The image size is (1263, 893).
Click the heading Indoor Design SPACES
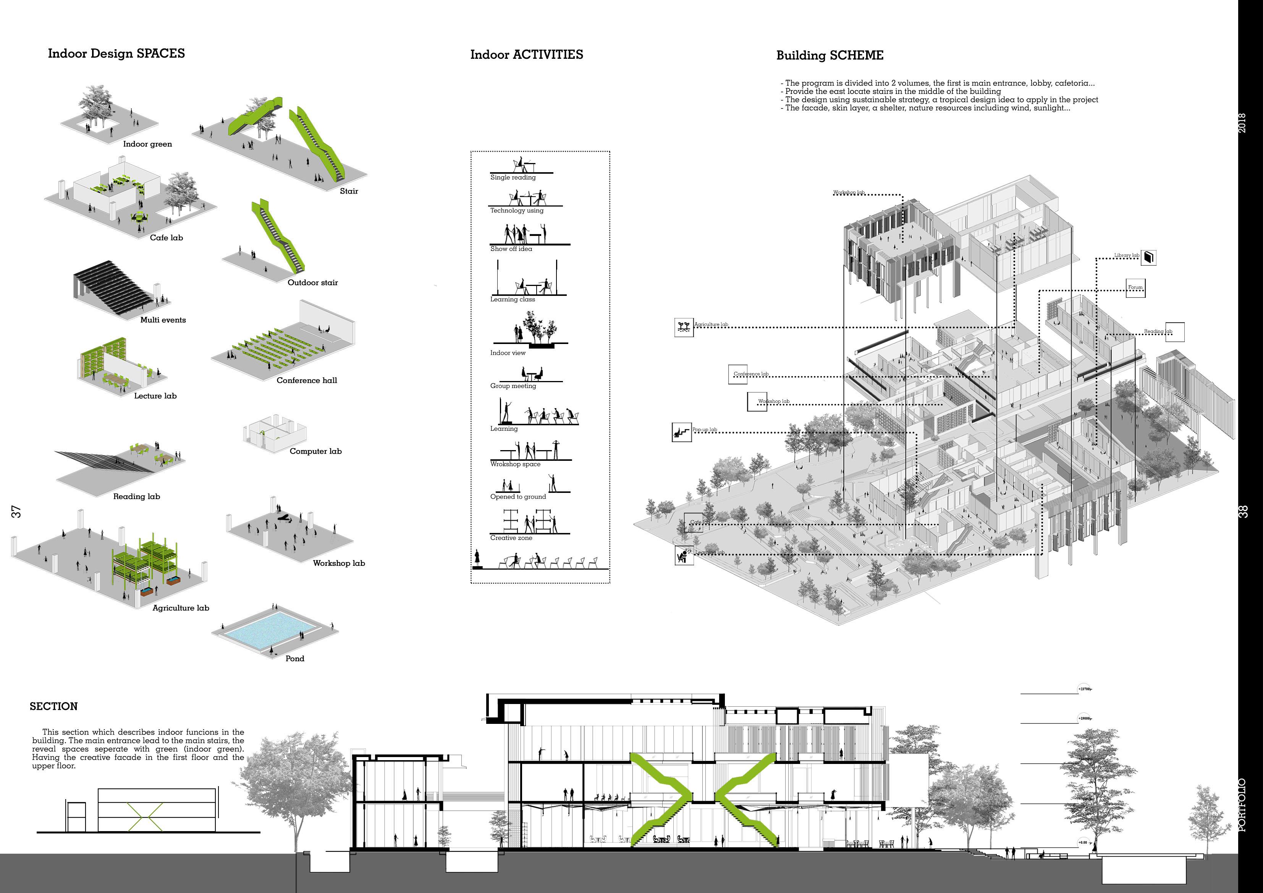tap(116, 53)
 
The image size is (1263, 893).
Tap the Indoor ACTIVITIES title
tap(526, 55)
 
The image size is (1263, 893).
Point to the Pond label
tap(294, 658)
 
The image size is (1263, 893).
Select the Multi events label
tap(163, 320)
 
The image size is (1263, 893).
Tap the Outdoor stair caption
tap(312, 282)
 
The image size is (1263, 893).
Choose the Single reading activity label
tap(513, 177)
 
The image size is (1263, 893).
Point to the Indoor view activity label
tap(508, 352)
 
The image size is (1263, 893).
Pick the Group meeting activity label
tap(513, 386)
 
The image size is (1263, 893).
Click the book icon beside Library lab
tap(1148, 257)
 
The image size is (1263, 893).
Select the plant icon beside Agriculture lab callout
tap(684, 327)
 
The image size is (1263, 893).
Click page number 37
tap(16, 511)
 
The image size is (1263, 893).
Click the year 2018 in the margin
tap(1243, 122)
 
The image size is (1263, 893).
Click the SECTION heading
tap(53, 706)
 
